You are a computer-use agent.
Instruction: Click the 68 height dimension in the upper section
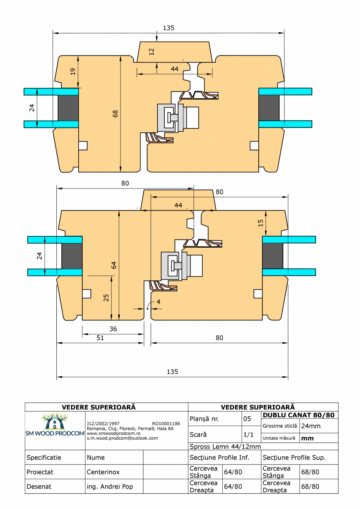click(115, 113)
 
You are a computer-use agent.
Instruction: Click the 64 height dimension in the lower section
click(114, 265)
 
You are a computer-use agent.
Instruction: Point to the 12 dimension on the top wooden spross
click(152, 51)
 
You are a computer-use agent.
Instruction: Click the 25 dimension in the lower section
click(106, 298)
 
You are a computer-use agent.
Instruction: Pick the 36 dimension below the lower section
click(113, 329)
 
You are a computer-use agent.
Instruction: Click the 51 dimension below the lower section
click(100, 338)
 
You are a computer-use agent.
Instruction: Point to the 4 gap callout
click(158, 302)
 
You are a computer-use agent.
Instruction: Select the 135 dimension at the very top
click(169, 28)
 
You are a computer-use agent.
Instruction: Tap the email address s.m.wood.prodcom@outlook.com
click(122, 438)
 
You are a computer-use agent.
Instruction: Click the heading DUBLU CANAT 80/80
click(299, 415)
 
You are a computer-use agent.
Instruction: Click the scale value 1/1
click(247, 435)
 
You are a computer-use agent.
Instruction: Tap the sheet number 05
click(247, 419)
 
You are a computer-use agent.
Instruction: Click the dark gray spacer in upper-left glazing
click(68, 108)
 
